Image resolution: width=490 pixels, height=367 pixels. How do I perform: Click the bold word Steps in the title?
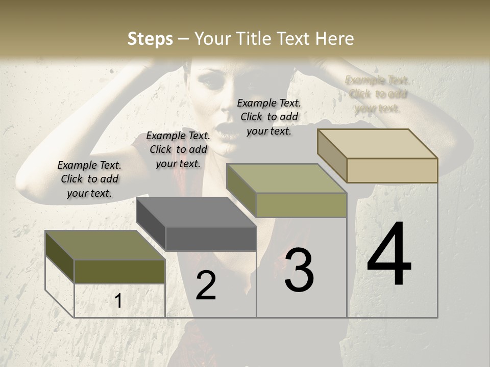click(x=150, y=39)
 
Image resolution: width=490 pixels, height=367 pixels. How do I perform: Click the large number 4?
click(x=389, y=255)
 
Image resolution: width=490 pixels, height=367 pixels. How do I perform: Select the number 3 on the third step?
click(x=299, y=270)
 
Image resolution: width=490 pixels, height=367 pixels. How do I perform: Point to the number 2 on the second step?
click(x=206, y=285)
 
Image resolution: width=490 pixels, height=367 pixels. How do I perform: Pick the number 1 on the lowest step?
click(x=118, y=301)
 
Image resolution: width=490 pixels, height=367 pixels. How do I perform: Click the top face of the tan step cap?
click(x=378, y=144)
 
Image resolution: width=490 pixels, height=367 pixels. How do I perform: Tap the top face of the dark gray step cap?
click(x=197, y=212)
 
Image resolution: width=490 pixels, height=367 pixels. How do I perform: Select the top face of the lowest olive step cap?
click(x=105, y=245)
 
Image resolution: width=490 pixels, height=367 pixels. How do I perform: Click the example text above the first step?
click(x=89, y=179)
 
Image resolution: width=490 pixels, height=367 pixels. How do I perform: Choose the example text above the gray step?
click(x=178, y=149)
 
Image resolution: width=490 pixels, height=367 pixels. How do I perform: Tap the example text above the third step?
click(x=269, y=117)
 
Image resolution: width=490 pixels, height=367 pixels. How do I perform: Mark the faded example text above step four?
click(x=377, y=94)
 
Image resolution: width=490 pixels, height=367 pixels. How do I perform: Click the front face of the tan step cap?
click(x=392, y=170)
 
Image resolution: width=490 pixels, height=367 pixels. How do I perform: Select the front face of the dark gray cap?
click(x=211, y=239)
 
